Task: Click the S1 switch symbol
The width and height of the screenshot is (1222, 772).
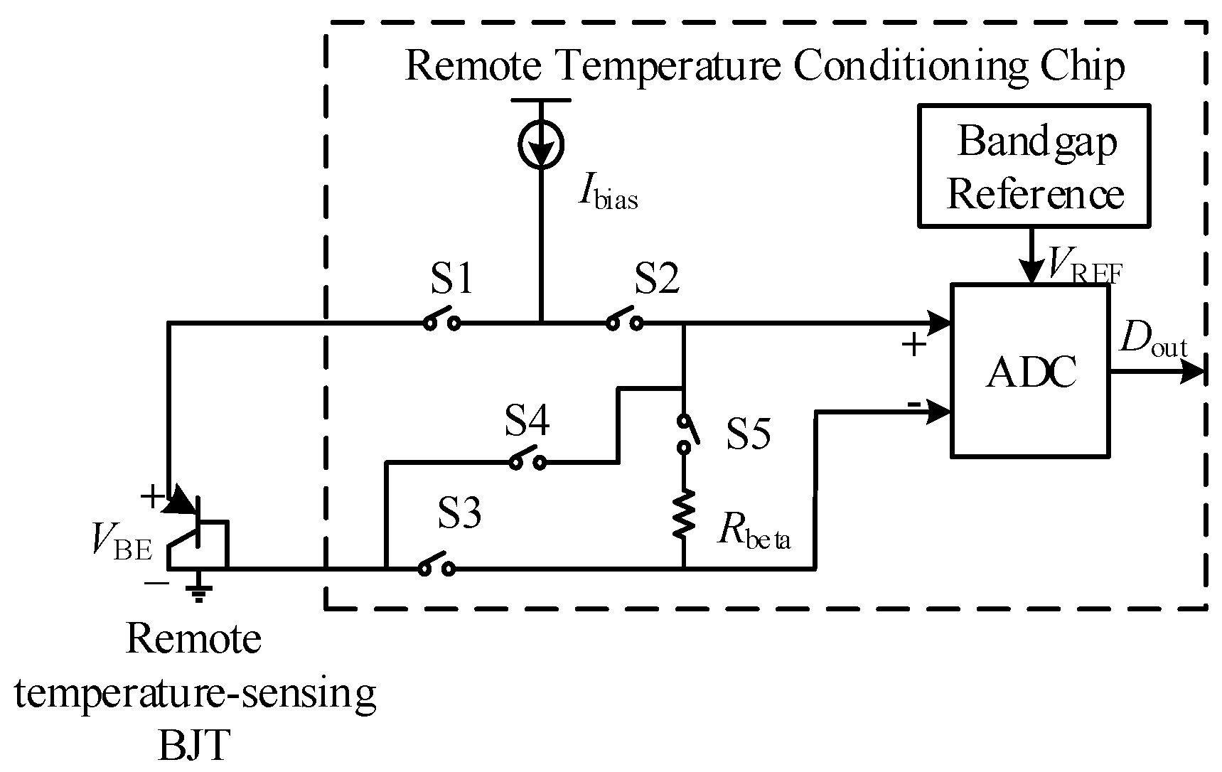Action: coord(441,320)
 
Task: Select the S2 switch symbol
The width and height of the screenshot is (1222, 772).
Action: coord(625,320)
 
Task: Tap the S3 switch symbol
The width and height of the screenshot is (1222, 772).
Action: coord(436,566)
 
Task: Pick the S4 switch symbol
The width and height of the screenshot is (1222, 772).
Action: coord(527,460)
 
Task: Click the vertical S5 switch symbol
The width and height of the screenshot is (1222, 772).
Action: coord(685,433)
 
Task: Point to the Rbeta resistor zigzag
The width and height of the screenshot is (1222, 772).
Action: coord(684,513)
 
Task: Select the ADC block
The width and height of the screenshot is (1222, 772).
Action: coord(1030,370)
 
